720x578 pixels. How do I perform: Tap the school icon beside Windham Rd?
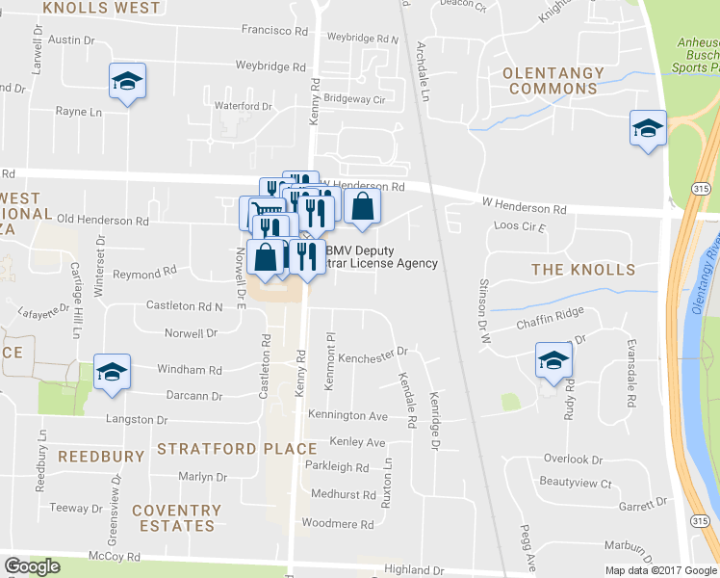pos(112,372)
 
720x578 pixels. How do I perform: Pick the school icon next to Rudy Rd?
pos(553,360)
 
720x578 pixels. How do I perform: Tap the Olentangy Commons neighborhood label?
pos(553,80)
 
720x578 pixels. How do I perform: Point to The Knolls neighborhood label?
pos(583,270)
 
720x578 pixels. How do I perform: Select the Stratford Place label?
pos(237,449)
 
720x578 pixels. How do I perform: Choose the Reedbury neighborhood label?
pos(100,455)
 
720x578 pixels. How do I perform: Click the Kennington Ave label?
pos(347,416)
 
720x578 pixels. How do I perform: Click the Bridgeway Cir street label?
pos(353,99)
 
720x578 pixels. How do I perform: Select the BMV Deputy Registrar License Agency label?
pos(382,257)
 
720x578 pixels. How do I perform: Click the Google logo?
pos(32,566)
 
